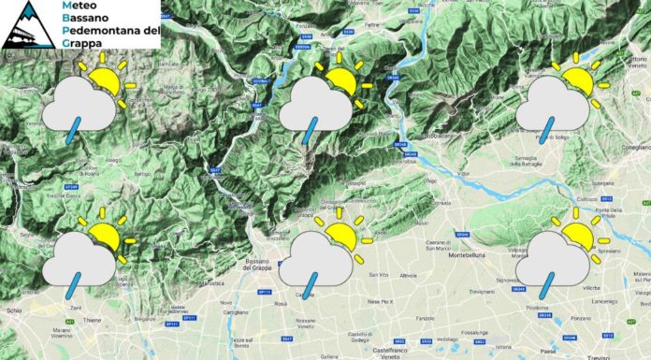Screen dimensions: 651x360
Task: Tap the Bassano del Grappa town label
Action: pos(270,260)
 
